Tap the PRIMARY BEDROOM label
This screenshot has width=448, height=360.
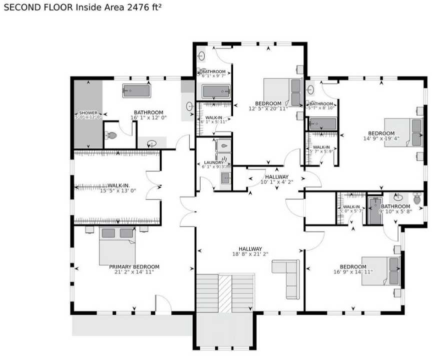pyautogui.click(x=134, y=266)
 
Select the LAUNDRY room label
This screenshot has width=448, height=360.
pyautogui.click(x=214, y=162)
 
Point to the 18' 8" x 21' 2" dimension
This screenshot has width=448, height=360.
pyautogui.click(x=250, y=254)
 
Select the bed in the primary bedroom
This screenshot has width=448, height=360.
pyautogui.click(x=117, y=245)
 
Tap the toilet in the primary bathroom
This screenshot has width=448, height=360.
pyautogui.click(x=112, y=135)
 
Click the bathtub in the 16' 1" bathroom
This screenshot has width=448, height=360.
pyautogui.click(x=136, y=91)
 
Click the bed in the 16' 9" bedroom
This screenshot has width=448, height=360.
pyautogui.click(x=381, y=270)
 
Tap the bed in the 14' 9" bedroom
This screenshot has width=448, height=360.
pyautogui.click(x=403, y=132)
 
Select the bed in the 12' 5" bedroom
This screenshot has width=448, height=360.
pyautogui.click(x=283, y=92)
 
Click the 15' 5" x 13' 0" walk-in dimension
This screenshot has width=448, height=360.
pyautogui.click(x=118, y=190)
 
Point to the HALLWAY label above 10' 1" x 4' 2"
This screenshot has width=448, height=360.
pyautogui.click(x=277, y=176)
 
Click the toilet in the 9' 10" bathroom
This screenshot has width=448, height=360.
pyautogui.click(x=417, y=200)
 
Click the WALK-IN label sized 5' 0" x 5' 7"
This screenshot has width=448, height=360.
pyautogui.click(x=351, y=206)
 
